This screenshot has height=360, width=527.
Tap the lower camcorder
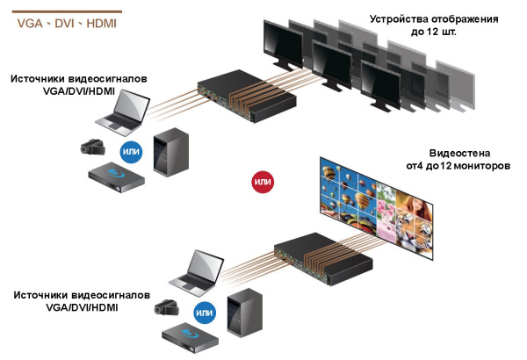[x=168, y=307]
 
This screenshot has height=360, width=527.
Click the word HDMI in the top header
[x=101, y=24]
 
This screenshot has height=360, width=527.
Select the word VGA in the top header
[x=32, y=24]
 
